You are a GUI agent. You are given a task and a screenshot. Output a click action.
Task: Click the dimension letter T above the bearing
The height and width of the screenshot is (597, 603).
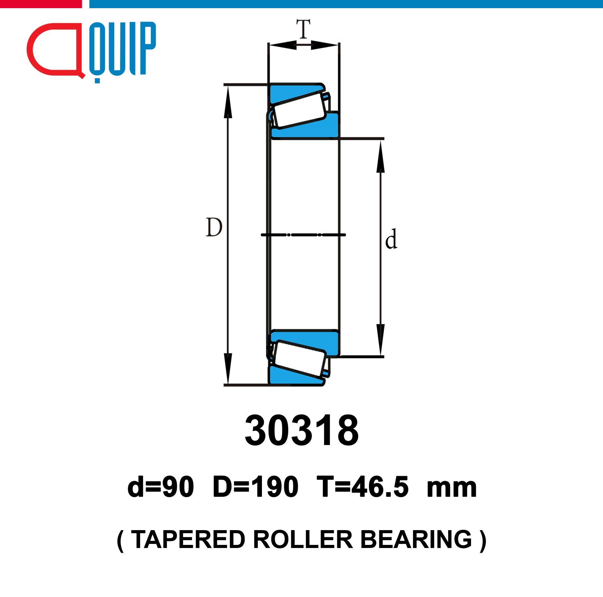pyautogui.click(x=303, y=29)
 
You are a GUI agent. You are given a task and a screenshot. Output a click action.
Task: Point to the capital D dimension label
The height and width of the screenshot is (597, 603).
pyautogui.click(x=214, y=227)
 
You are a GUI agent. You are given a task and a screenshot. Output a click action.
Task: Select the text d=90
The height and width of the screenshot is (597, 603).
pyautogui.click(x=160, y=487)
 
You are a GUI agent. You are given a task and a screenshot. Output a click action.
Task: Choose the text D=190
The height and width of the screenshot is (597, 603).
pyautogui.click(x=255, y=487)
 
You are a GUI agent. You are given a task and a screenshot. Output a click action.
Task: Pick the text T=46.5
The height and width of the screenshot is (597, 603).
pyautogui.click(x=362, y=487)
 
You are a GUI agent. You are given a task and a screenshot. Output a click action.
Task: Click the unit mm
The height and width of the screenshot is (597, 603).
pyautogui.click(x=452, y=489)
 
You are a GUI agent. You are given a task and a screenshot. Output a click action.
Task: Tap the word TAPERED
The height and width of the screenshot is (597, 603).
pyautogui.click(x=188, y=540)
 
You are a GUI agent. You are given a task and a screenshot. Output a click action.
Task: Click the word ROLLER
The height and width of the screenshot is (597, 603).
pyautogui.click(x=303, y=540)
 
